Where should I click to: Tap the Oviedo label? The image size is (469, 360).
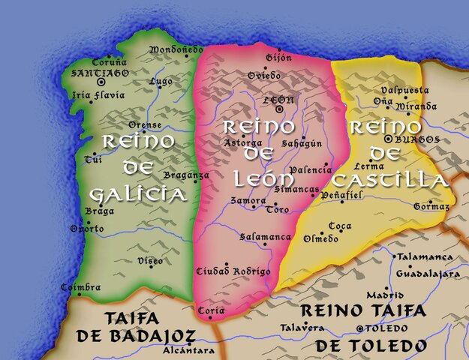[x=263, y=76]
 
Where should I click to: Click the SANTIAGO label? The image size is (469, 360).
[x=100, y=73]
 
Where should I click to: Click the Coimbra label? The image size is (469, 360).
[x=81, y=288]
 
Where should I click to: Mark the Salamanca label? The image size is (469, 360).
[x=265, y=237]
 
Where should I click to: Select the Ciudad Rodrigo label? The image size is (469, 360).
[x=232, y=271]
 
